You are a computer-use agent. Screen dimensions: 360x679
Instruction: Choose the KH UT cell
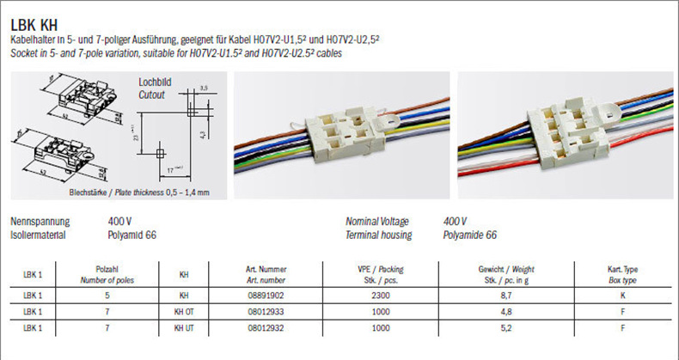click(184, 327)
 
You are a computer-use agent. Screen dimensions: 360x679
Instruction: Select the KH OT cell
click(184, 310)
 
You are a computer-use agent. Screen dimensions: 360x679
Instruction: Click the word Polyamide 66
click(469, 235)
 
